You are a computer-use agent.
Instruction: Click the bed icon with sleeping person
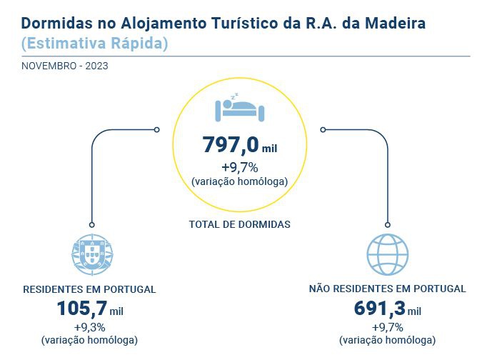pos(240,109)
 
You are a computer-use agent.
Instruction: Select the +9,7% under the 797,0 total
pos(240,169)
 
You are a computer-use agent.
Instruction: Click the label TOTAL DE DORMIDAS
pos(240,224)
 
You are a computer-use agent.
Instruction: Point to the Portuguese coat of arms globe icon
pos(93,252)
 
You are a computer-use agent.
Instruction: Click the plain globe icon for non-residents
pos(387,252)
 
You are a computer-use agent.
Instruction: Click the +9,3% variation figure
pos(90,327)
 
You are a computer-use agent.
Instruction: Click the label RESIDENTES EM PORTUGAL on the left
pos(90,289)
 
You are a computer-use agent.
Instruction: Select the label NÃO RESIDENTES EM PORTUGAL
pos(388,289)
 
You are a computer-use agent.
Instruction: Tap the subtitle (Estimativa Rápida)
pos(95,43)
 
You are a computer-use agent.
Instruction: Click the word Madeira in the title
pos(396,23)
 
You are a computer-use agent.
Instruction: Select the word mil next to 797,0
pos(269,149)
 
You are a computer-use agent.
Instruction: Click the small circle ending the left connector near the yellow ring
pos(157,129)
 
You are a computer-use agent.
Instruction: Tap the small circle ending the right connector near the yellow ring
pos(323,129)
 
